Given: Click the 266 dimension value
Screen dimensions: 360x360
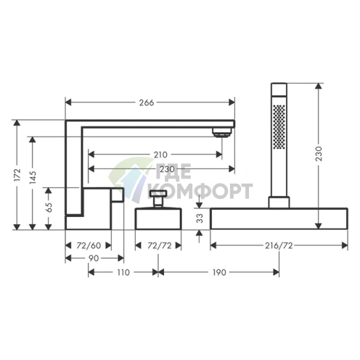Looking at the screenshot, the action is coord(147,102).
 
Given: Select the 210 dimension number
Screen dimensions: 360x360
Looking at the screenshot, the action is coord(160,155).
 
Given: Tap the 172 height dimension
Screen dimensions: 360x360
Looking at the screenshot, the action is coord(17,174).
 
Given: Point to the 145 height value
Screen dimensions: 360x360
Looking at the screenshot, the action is coord(33,177).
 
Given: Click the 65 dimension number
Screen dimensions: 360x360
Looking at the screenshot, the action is coord(49,208).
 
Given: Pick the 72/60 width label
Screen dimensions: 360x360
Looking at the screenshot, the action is coord(89,245).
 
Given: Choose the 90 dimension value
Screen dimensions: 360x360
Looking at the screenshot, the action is coord(93,258).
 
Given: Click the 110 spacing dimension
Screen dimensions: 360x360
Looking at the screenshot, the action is coord(123,272).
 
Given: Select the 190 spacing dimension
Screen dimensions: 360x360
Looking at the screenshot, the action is coord(219,272).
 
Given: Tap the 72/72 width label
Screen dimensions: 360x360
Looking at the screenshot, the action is coord(160,245).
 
